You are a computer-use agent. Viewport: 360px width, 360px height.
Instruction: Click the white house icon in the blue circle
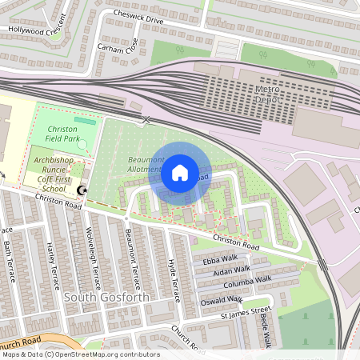coord(180,172)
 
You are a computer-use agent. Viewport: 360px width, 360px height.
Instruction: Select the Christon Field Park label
coord(62,134)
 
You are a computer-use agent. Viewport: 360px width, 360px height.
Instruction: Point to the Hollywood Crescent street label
coord(37,27)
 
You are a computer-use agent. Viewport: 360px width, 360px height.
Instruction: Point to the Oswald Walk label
coord(222,300)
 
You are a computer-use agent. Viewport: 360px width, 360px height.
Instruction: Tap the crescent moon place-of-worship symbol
coord(82,190)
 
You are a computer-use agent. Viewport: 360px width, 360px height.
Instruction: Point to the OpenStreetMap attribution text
coord(81,354)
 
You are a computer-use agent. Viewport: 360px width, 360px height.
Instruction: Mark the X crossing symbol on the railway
coord(146,120)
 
